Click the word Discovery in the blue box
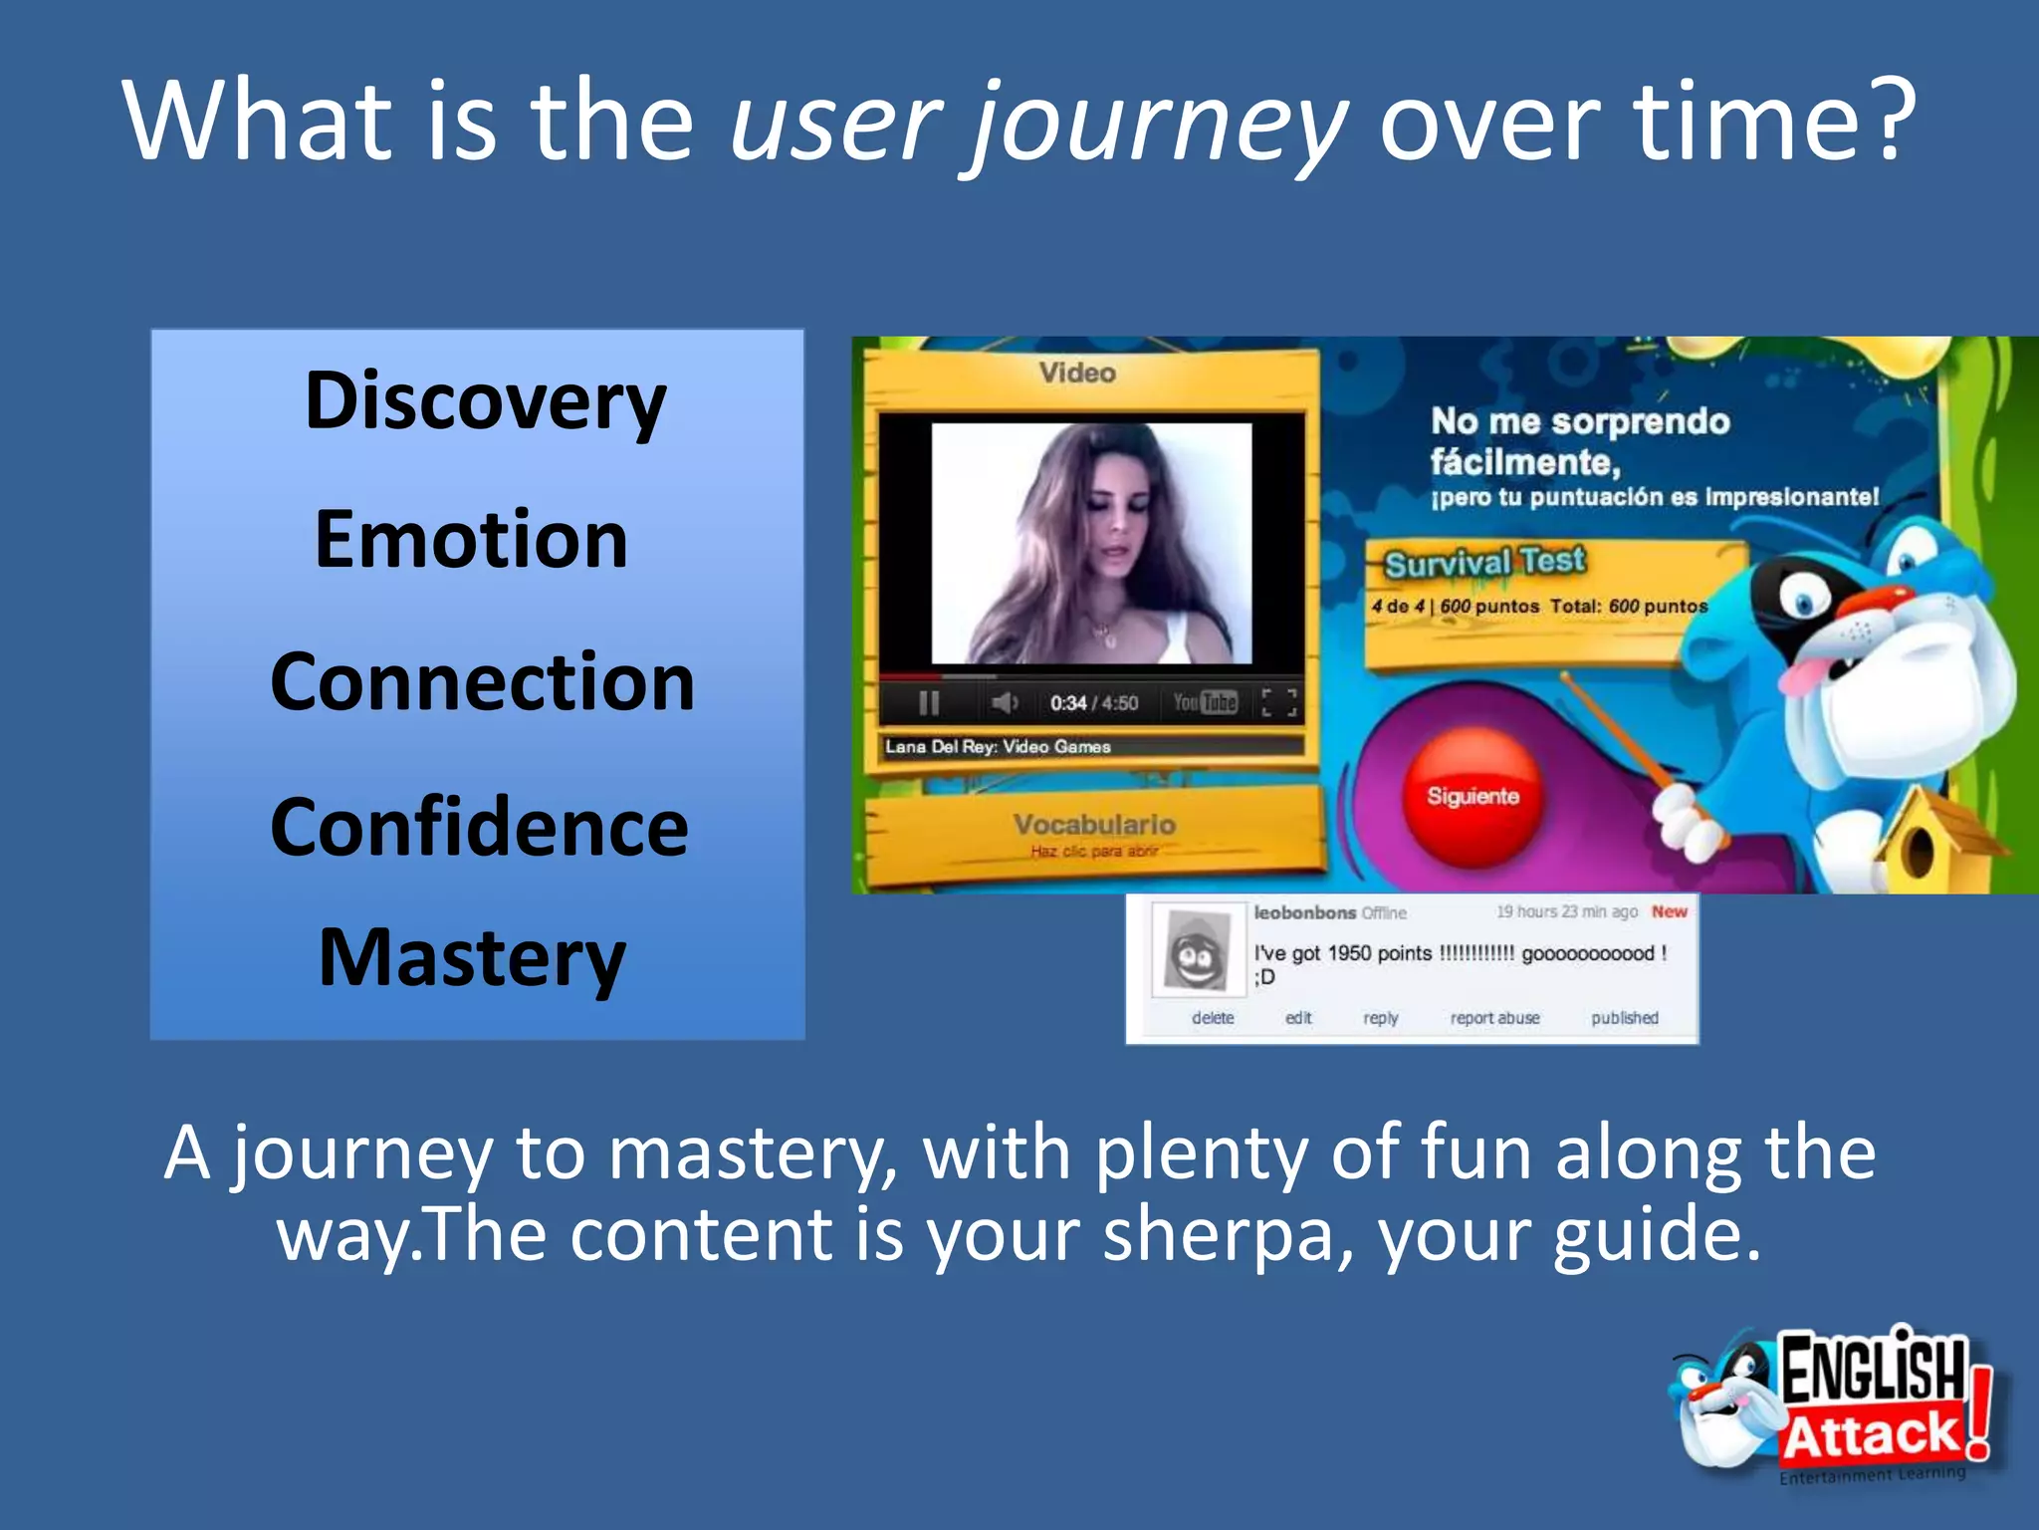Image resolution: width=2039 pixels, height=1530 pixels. (x=485, y=400)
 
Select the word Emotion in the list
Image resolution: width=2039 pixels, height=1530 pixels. (x=471, y=540)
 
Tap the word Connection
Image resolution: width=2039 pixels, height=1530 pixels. (x=482, y=682)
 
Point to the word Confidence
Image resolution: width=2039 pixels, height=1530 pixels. (x=479, y=827)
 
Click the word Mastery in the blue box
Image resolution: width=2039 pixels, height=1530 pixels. (x=472, y=958)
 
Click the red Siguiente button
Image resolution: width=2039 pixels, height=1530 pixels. (x=1473, y=796)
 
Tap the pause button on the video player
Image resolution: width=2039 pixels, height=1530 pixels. (x=929, y=703)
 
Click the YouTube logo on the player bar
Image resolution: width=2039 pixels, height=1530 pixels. (x=1205, y=702)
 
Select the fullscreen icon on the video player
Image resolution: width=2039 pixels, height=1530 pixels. (x=1278, y=702)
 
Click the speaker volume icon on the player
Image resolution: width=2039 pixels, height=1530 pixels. (x=1004, y=703)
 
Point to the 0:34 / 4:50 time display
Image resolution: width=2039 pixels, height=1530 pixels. (x=1093, y=703)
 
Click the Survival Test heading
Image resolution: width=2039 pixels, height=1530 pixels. (x=1483, y=563)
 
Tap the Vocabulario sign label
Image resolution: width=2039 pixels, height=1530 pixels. (x=1094, y=825)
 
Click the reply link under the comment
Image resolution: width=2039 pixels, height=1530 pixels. (x=1380, y=1018)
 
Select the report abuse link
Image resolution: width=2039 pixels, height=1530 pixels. (x=1494, y=1018)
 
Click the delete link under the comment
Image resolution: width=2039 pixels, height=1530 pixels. (x=1212, y=1018)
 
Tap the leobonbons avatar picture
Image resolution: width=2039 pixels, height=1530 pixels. (x=1197, y=951)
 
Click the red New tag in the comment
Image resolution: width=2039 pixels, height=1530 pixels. (x=1669, y=911)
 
